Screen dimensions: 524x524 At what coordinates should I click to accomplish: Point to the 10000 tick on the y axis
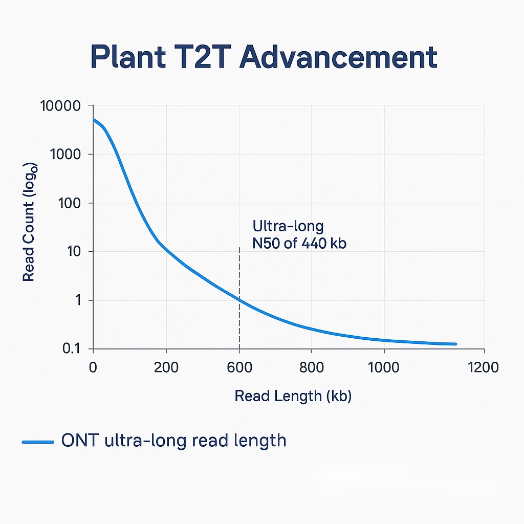point(60,106)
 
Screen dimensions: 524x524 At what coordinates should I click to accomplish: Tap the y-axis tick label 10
point(74,252)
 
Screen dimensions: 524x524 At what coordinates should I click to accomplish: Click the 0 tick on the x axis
point(93,367)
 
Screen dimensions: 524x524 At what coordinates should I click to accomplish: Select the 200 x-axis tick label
point(166,367)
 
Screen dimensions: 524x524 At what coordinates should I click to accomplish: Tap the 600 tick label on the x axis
point(239,367)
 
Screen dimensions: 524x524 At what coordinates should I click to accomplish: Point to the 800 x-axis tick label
point(312,367)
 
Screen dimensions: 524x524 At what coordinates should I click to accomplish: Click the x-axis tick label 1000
point(384,367)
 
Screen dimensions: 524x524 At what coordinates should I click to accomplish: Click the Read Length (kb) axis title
point(293,396)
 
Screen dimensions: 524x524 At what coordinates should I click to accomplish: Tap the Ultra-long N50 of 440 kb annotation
point(299,234)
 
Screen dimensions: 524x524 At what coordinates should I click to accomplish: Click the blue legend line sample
point(38,441)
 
